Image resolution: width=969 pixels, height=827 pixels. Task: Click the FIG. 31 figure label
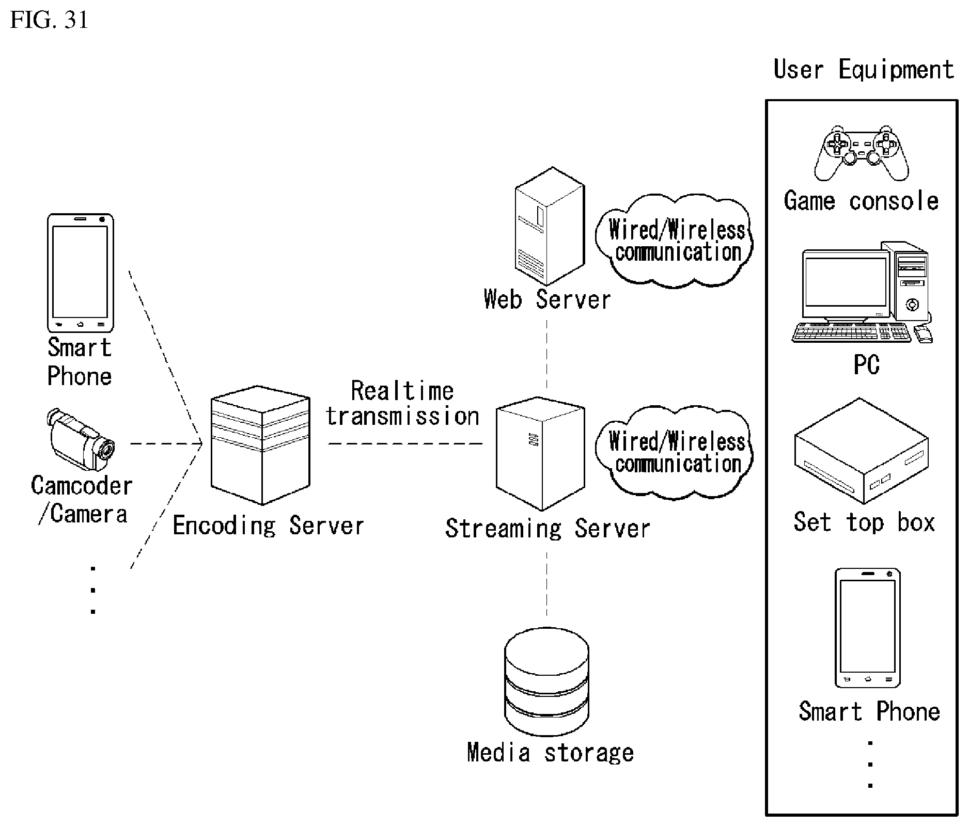tap(49, 20)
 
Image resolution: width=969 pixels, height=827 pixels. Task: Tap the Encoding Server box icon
tap(260, 444)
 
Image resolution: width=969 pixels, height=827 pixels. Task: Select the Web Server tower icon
tap(550, 226)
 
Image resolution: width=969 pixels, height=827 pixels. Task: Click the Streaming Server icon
tap(540, 454)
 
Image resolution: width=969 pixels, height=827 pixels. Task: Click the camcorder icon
tap(81, 439)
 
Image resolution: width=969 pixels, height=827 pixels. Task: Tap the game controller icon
tap(862, 153)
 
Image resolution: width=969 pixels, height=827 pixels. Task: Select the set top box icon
tap(861, 450)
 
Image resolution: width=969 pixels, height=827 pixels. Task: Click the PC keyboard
tap(851, 332)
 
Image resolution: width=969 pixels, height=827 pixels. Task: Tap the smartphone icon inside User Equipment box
tap(868, 628)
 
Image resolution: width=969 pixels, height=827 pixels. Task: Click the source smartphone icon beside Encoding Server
tap(80, 273)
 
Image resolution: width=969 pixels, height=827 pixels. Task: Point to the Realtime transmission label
tap(402, 404)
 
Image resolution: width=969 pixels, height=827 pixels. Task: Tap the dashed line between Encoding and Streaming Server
tap(405, 443)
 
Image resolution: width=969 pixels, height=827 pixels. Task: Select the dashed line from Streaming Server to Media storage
tap(546, 584)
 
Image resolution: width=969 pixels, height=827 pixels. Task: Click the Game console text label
tap(861, 201)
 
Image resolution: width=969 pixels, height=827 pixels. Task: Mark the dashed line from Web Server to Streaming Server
tap(546, 354)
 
